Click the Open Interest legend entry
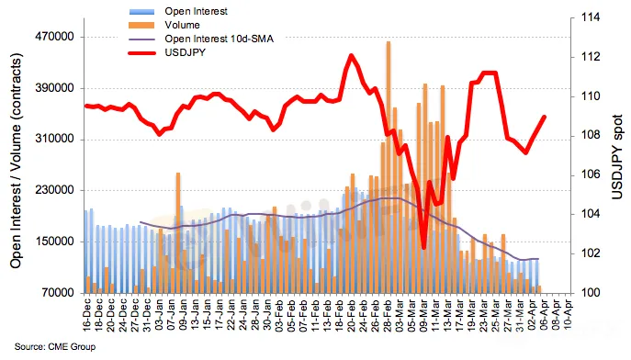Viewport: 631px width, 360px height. pos(196,11)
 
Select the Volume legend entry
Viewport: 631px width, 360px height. pos(182,25)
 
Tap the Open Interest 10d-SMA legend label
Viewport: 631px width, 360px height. pos(219,39)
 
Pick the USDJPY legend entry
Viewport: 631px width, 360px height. pos(186,52)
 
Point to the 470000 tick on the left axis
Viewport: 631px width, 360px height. pos(55,37)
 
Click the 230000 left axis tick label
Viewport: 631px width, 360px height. pos(55,190)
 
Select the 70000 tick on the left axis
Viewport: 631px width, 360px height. pos(58,293)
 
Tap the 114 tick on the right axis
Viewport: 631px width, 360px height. pos(590,17)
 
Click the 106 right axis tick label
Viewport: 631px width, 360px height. pos(590,174)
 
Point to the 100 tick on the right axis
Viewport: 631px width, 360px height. pos(590,293)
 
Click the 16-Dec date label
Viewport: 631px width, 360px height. pos(87,315)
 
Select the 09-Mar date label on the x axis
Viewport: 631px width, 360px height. pos(423,315)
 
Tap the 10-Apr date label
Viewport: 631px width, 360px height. pos(569,315)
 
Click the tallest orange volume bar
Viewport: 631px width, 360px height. pos(389,167)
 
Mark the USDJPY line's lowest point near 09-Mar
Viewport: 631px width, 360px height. pos(423,248)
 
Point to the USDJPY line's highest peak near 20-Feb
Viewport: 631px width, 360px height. pos(351,55)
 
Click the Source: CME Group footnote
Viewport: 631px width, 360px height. pos(55,347)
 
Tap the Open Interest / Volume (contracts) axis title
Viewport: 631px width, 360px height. pos(16,161)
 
